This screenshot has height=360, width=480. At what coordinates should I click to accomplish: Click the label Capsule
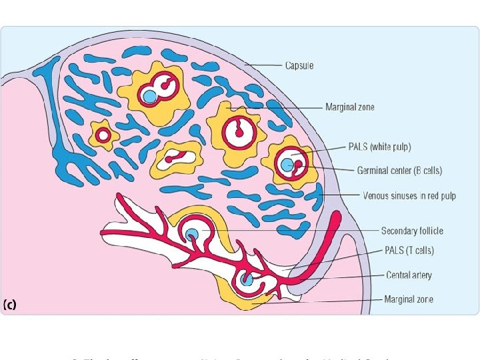299,65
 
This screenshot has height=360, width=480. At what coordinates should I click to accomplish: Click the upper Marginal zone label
349,107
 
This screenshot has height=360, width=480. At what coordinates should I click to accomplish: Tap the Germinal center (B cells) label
399,171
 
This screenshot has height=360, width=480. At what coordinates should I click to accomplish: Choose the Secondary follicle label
411,231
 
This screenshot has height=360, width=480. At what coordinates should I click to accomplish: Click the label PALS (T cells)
409,251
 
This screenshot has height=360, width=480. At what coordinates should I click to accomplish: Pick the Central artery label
409,275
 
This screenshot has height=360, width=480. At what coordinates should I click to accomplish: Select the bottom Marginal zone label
408,299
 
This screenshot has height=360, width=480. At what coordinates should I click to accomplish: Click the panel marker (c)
10,305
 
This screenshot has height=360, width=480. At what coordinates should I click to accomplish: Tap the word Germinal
376,171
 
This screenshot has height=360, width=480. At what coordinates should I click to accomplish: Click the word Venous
377,196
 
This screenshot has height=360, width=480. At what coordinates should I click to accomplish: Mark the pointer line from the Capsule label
263,65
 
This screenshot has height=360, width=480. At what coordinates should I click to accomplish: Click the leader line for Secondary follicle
287,231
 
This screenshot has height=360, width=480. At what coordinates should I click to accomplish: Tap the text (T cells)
420,251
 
